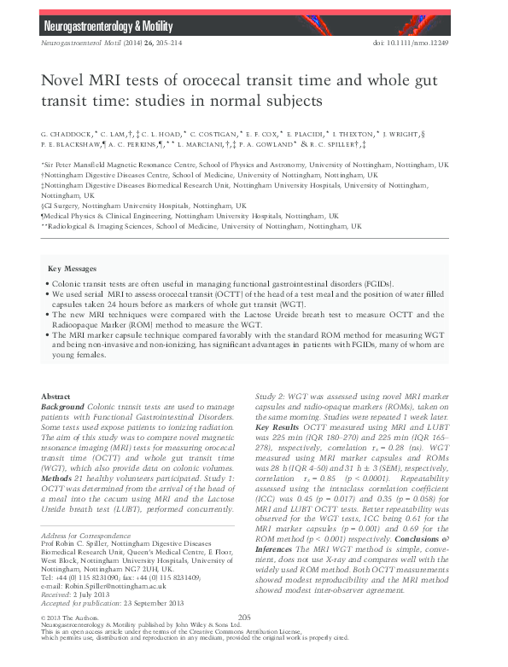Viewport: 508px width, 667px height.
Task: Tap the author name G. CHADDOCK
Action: point(67,135)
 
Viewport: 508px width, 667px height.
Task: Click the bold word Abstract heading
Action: point(57,397)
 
